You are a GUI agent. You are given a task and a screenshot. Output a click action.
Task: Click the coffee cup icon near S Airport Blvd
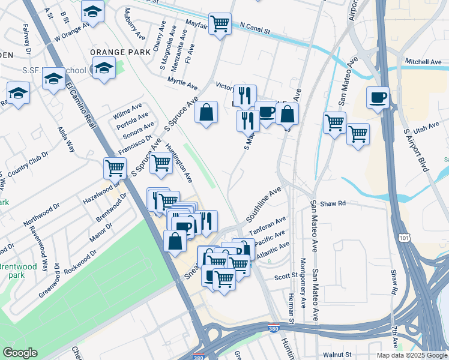[378, 97]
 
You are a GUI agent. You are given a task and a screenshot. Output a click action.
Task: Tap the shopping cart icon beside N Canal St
[220, 24]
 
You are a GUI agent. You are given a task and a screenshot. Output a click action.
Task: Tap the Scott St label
[286, 276]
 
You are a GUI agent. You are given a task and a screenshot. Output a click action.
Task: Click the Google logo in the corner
[20, 353]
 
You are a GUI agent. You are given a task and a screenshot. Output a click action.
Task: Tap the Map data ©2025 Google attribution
[411, 355]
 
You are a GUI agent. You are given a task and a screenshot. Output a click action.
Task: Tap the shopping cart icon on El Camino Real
[115, 168]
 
